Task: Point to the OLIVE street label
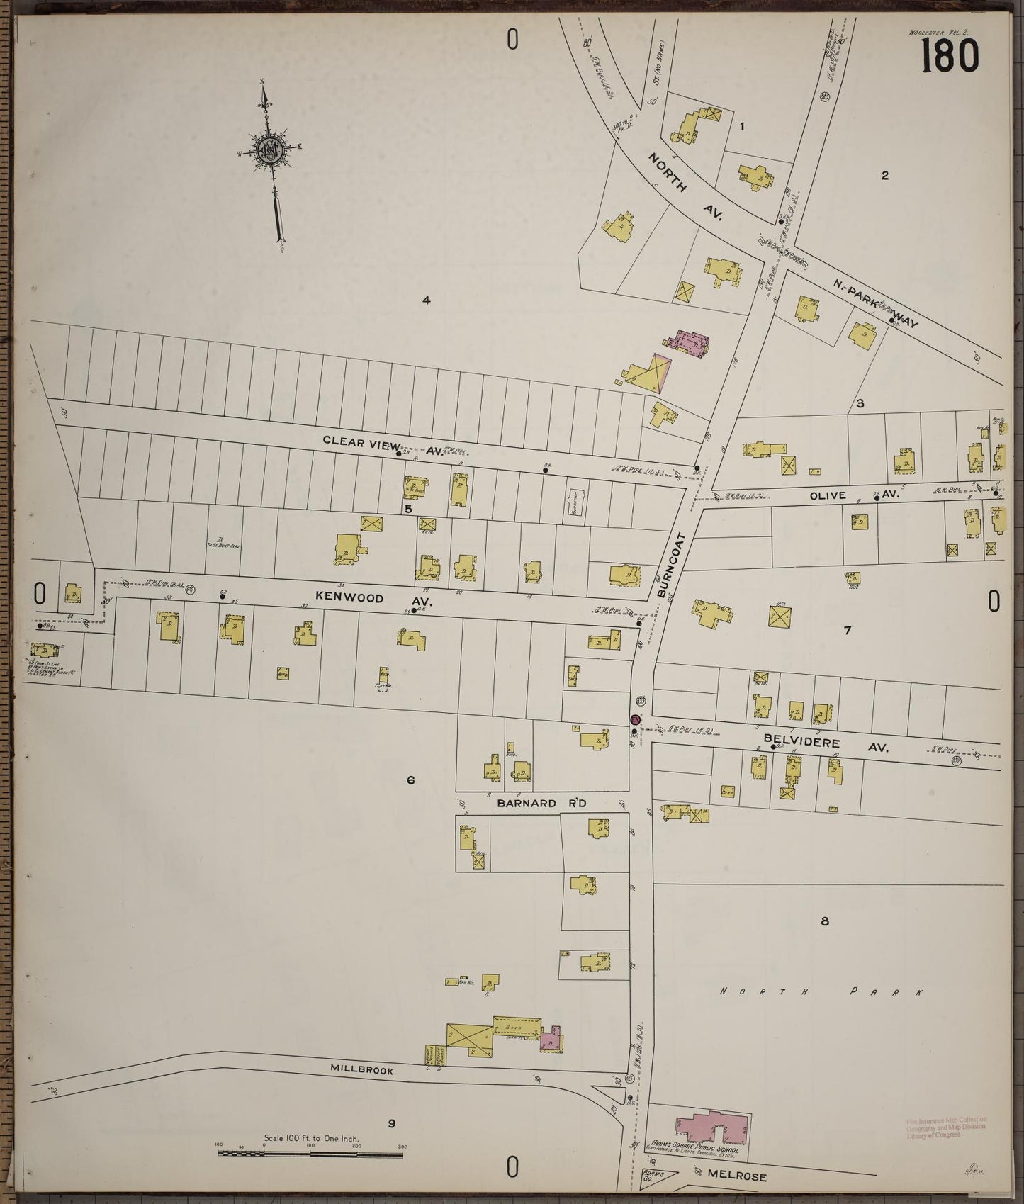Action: tap(828, 495)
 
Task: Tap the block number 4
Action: tap(426, 300)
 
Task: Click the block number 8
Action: tap(823, 921)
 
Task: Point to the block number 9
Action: tap(390, 1123)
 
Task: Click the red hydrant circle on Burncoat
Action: tap(635, 720)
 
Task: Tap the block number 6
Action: tap(410, 781)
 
